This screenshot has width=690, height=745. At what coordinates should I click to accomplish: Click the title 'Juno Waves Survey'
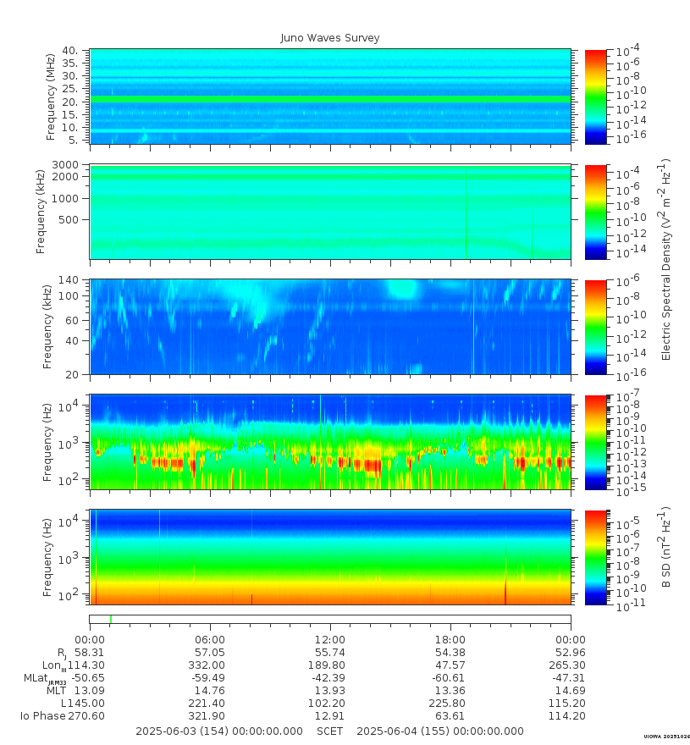(330, 38)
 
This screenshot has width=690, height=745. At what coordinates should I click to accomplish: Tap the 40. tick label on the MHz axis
(71, 50)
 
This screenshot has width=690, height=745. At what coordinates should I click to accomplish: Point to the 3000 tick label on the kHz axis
(65, 165)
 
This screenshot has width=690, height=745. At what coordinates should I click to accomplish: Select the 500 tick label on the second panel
(69, 220)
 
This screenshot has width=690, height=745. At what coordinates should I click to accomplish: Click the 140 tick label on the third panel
(69, 280)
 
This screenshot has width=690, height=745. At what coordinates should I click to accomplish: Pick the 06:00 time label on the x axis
(210, 640)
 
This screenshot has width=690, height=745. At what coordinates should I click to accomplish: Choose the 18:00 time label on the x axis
(450, 640)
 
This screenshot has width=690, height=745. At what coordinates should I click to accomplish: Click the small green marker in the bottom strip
(111, 619)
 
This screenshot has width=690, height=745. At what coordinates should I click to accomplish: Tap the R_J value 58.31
(90, 653)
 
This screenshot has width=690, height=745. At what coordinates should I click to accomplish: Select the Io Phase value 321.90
(210, 716)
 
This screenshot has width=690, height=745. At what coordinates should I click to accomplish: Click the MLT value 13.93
(330, 691)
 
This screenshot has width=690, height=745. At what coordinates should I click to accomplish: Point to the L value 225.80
(450, 704)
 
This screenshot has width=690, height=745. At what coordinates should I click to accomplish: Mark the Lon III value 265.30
(571, 665)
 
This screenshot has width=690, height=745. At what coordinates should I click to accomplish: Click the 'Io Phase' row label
(43, 716)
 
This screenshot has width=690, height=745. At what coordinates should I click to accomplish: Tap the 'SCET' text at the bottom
(330, 731)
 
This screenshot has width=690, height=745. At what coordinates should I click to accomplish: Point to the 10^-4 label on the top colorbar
(628, 49)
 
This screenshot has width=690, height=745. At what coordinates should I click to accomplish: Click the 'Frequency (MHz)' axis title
(51, 97)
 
